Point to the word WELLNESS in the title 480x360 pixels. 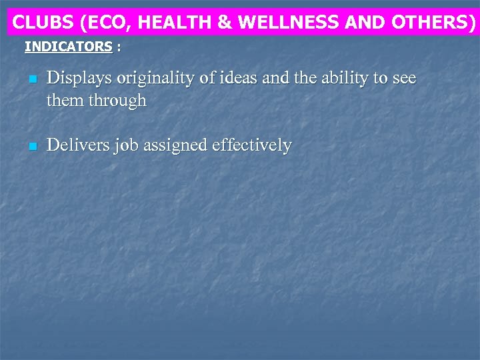(x=286, y=22)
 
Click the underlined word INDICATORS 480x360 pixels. (x=68, y=47)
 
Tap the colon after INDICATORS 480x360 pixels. (x=119, y=47)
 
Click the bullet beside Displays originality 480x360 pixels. (x=31, y=80)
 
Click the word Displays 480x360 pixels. (x=79, y=79)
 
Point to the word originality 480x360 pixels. (x=162, y=79)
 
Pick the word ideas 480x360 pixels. (x=252, y=79)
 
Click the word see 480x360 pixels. (x=403, y=79)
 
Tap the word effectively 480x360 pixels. (x=252, y=145)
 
